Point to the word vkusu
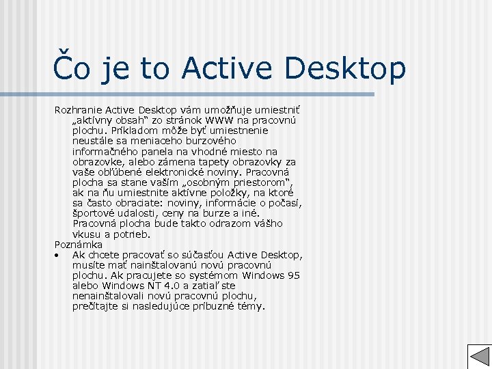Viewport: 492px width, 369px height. click(x=86, y=234)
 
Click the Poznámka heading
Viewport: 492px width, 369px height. click(x=78, y=244)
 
